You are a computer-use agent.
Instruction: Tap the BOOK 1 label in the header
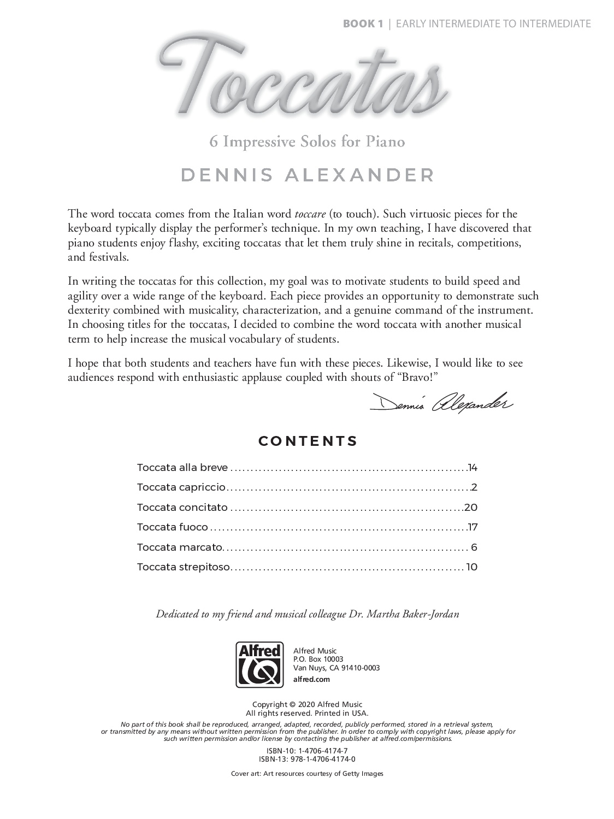(362, 23)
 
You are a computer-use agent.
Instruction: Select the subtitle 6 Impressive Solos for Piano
(307, 142)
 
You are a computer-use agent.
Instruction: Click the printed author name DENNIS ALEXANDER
(308, 175)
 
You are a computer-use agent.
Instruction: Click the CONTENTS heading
(308, 441)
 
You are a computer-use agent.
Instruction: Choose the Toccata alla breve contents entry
(182, 468)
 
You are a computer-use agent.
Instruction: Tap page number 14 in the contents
(473, 468)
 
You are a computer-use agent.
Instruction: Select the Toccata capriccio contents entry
(181, 487)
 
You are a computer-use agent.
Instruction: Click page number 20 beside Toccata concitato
(471, 508)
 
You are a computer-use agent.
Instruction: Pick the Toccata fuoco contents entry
(172, 527)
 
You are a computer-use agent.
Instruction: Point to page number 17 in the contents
(473, 527)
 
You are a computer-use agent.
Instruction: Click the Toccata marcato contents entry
(180, 547)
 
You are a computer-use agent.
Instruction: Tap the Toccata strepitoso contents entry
(184, 567)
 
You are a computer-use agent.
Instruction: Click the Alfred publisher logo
(259, 664)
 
